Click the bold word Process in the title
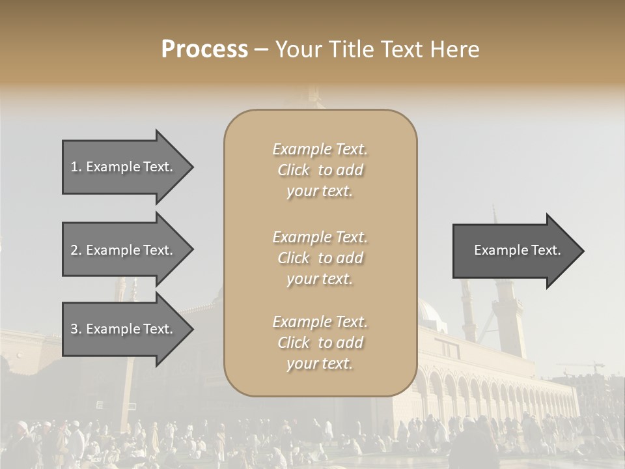204,50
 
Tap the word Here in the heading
454,50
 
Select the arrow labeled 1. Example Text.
124,167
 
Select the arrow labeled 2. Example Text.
124,250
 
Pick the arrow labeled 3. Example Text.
124,329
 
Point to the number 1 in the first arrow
74,167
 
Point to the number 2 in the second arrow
74,250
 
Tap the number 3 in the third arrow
74,329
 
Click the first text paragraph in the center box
320,170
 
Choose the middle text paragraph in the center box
320,258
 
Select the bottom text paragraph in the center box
320,343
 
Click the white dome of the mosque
430,311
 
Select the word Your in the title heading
297,50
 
